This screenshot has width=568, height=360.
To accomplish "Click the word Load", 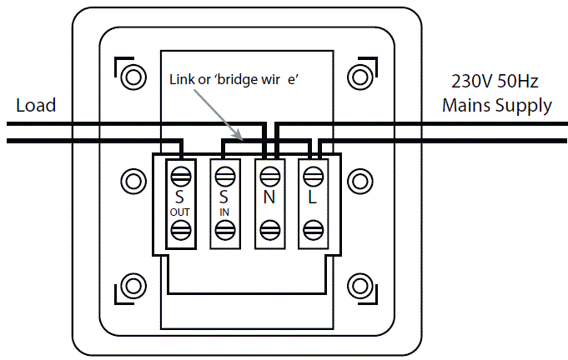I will coord(36,105).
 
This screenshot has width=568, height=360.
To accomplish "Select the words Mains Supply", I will coord(496,106).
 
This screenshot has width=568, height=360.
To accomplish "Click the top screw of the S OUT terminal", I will coord(180,176).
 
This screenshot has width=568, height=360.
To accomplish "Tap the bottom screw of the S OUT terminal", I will coord(180,231).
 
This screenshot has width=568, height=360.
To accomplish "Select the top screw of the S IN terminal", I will coord(224,176).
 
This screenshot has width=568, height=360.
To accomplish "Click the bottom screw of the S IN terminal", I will coord(224,231).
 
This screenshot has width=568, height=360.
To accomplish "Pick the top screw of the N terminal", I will coord(269,176).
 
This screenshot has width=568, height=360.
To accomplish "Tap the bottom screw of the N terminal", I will coord(269,231).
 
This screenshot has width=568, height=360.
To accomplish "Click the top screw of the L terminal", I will coord(313,176).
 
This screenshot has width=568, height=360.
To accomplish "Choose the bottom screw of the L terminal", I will coord(313,231).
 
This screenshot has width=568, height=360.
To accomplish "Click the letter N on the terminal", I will coord(269,198).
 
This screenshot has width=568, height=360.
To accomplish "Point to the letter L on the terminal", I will coord(313,198).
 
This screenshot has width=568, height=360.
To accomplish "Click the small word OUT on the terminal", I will coord(180,212).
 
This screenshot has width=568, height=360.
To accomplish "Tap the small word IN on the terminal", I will coord(224,212).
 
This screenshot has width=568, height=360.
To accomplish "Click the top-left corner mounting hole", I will coord(131,77).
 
